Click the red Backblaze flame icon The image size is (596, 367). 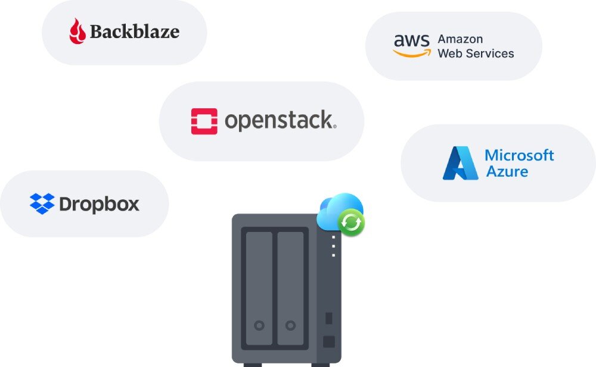pyautogui.click(x=77, y=31)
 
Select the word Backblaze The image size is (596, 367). pyautogui.click(x=135, y=32)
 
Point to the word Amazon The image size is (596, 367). pyautogui.click(x=460, y=39)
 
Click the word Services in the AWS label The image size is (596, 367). pyautogui.click(x=491, y=54)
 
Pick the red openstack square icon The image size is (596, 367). pyautogui.click(x=204, y=121)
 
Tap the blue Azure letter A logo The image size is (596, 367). pyautogui.click(x=460, y=163)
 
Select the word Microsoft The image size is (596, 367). pyautogui.click(x=519, y=155)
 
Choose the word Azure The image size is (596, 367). pyautogui.click(x=507, y=172)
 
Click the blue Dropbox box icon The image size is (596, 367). pyautogui.click(x=42, y=203)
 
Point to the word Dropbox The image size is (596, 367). pyautogui.click(x=100, y=205)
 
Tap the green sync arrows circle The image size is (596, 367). pyautogui.click(x=352, y=223)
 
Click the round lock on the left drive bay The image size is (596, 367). pyautogui.click(x=259, y=325)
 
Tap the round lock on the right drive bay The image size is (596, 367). pyautogui.click(x=290, y=325)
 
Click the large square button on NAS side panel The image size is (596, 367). pyautogui.click(x=328, y=341)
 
